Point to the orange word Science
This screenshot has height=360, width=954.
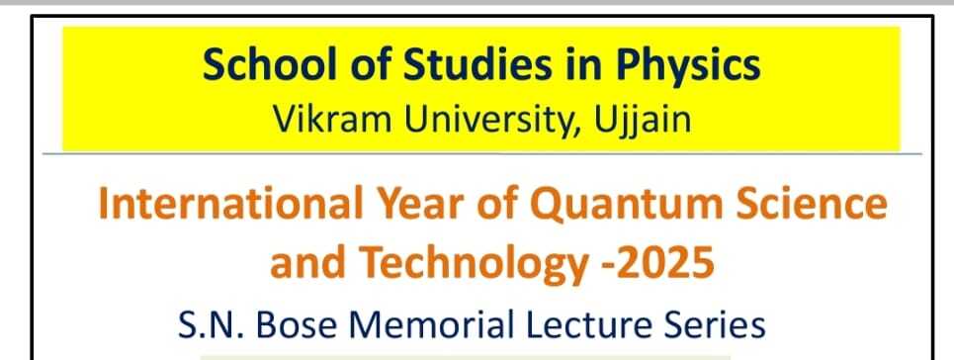tap(812, 204)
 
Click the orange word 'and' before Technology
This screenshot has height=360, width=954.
tap(307, 262)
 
